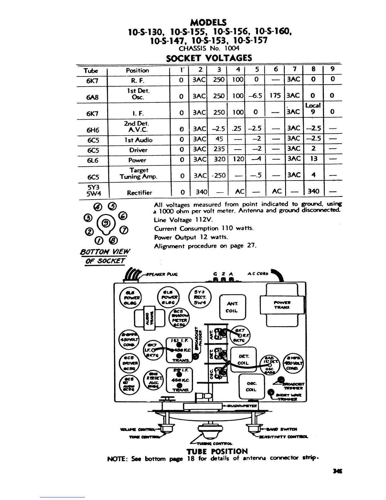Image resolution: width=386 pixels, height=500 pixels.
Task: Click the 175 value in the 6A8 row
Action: point(275,95)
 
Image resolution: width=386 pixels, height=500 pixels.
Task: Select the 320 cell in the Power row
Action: point(219,159)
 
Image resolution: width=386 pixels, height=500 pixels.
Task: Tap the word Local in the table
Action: point(313,105)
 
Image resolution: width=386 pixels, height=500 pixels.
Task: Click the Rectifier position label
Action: point(139,193)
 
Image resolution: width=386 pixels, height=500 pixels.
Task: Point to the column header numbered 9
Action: point(332,69)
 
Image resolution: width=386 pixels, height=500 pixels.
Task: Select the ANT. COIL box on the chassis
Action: point(232,307)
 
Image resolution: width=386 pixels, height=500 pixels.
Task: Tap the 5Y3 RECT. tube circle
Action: point(200,297)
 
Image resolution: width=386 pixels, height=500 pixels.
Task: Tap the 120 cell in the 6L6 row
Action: point(238,159)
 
